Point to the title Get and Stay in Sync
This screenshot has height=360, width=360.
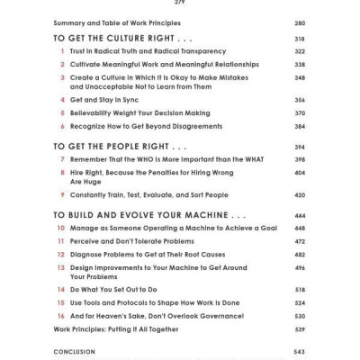point(110,101)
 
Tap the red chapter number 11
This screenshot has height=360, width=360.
point(60,241)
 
